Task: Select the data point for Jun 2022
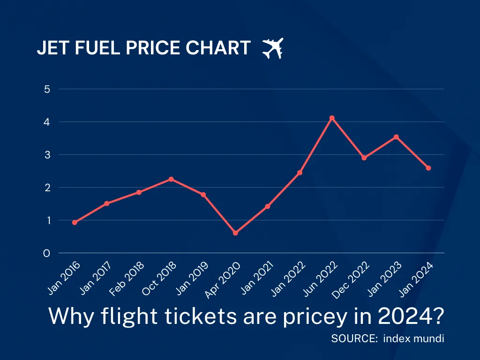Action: point(332,118)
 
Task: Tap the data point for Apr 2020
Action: point(235,233)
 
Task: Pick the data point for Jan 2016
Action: point(75,223)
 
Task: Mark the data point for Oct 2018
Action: point(171,179)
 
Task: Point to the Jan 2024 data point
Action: point(428,168)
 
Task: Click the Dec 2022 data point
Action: point(364,158)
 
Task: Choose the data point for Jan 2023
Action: point(396,137)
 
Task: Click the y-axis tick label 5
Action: point(47,89)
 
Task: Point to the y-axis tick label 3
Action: point(47,155)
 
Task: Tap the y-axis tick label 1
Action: point(47,220)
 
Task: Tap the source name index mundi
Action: point(413,338)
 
